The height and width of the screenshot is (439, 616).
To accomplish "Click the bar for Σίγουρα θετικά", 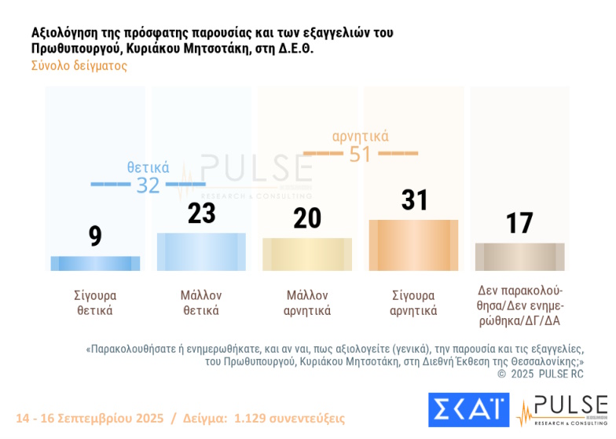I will [95, 263].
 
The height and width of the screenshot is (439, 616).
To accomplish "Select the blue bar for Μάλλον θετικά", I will [201, 252].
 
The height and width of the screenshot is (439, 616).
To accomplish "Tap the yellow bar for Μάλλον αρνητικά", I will [307, 254].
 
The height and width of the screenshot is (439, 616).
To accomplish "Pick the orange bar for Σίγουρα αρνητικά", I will [413, 245].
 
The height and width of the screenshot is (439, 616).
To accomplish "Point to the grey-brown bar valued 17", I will [519, 257].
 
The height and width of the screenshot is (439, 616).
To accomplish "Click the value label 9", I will [95, 236].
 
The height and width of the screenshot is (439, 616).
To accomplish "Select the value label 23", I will [202, 213].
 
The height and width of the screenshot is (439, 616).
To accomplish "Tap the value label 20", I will [307, 218].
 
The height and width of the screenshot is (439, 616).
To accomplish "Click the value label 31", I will [414, 200].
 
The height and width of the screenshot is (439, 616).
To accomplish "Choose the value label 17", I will [520, 223].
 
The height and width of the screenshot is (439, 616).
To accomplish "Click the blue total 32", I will [148, 185].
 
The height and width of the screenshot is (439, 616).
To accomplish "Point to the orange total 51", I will [360, 154].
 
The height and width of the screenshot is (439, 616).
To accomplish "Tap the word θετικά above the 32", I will [148, 167].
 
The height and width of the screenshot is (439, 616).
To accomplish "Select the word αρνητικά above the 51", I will [360, 137].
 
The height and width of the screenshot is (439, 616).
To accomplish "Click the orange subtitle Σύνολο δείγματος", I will [79, 66].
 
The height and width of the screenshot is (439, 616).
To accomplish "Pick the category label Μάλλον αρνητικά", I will [307, 302].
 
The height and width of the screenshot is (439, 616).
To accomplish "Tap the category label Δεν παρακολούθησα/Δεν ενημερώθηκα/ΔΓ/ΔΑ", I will [520, 305].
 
